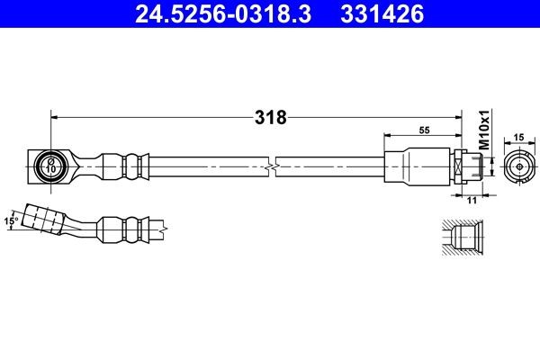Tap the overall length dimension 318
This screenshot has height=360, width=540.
[270, 117]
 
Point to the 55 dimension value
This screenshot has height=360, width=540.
[425, 130]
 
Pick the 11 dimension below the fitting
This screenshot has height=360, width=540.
[470, 202]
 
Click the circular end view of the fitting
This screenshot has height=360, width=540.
[517, 166]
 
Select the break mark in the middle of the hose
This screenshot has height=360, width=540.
[273, 166]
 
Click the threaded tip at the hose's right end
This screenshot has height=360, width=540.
[482, 166]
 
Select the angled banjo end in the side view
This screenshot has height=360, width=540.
[45, 220]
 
